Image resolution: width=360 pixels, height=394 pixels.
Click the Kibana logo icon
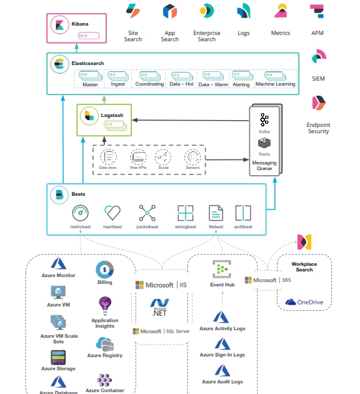(x=61, y=24)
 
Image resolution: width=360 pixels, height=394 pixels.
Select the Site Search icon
(x=133, y=11)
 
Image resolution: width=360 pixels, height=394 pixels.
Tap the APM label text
(x=317, y=33)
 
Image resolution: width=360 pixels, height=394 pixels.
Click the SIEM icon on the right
(x=319, y=58)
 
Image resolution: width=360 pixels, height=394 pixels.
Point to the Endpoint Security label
(x=318, y=128)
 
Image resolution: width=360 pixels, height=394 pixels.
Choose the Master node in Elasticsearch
(x=90, y=84)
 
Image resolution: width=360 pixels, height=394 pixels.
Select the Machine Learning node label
(x=276, y=84)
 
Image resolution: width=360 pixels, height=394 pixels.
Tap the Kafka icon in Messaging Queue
(x=264, y=119)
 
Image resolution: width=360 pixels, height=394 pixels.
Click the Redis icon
(x=264, y=143)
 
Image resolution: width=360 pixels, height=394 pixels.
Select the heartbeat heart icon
(x=112, y=213)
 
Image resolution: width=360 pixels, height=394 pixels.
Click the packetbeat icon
(x=147, y=213)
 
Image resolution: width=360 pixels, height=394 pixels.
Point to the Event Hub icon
(x=221, y=270)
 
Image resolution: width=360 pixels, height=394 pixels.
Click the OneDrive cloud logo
(x=291, y=302)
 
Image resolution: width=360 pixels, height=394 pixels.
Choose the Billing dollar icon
(x=104, y=270)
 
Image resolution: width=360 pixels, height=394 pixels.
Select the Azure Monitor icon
(x=59, y=264)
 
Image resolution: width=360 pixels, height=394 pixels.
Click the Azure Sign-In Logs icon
(x=222, y=344)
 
